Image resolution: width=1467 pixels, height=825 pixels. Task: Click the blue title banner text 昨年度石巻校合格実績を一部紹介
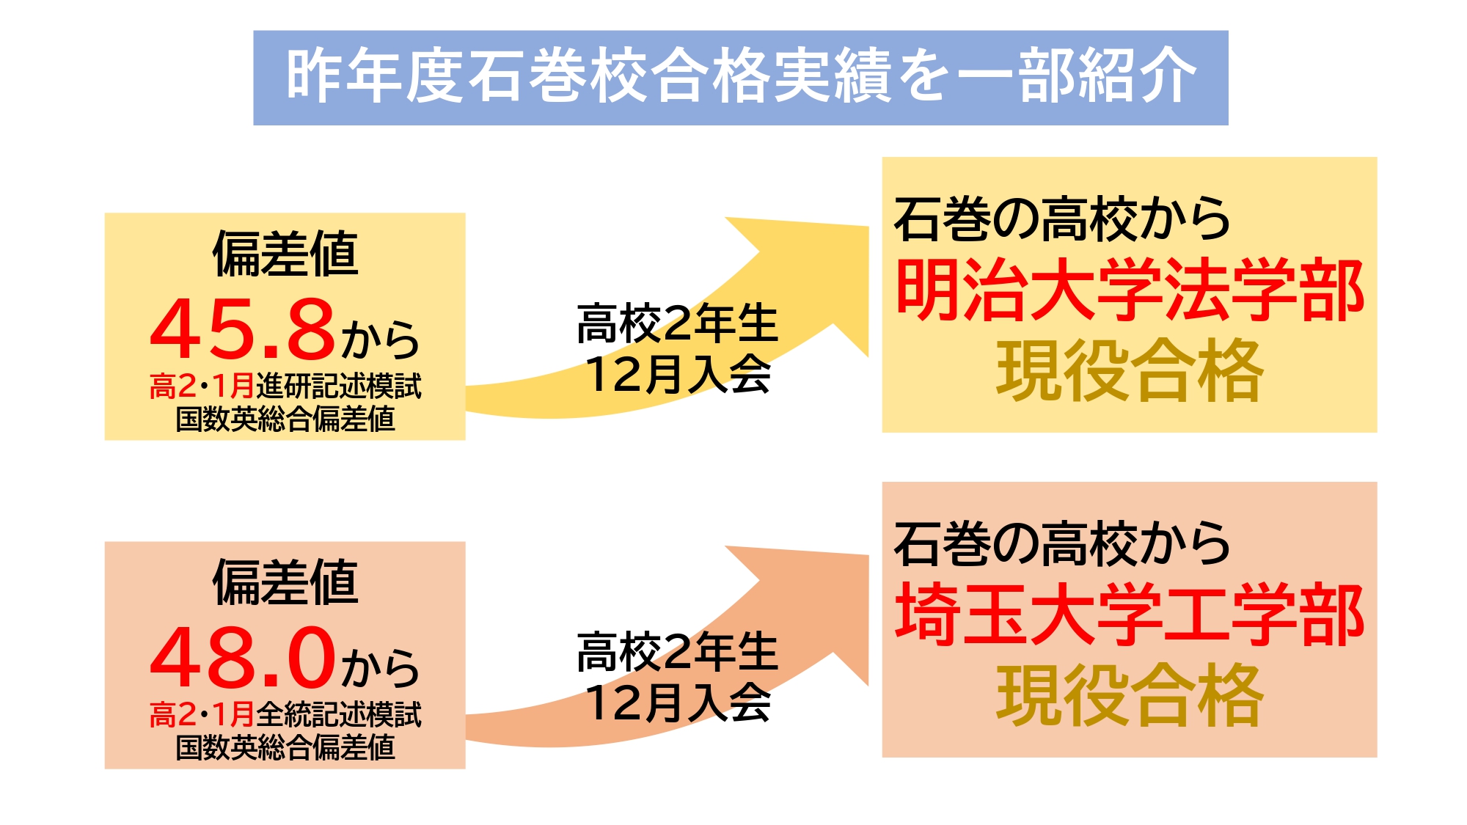(x=741, y=76)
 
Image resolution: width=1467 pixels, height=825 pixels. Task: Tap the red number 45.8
(x=243, y=329)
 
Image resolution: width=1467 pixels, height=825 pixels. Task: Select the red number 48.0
(x=243, y=657)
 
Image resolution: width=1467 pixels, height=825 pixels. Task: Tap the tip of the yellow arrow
(x=869, y=227)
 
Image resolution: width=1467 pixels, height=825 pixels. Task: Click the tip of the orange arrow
(x=869, y=555)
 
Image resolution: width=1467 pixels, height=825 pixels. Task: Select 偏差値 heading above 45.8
(x=285, y=254)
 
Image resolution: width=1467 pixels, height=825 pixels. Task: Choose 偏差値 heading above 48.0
(x=285, y=582)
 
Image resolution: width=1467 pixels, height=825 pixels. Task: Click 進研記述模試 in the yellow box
(x=339, y=386)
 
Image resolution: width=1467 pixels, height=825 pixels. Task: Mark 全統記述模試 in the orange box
(x=339, y=714)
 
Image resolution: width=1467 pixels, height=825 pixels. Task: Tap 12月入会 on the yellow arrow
(x=678, y=374)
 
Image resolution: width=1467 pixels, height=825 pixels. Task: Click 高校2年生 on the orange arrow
(x=677, y=652)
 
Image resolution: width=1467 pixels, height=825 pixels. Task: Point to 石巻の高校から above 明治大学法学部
(x=1061, y=219)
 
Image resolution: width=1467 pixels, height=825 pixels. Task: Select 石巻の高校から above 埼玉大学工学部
(x=1061, y=543)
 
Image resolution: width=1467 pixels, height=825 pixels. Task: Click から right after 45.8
(x=380, y=340)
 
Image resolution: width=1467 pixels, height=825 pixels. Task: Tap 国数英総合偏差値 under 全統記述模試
(x=285, y=747)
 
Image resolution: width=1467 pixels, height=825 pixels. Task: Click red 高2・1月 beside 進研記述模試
(x=202, y=386)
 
